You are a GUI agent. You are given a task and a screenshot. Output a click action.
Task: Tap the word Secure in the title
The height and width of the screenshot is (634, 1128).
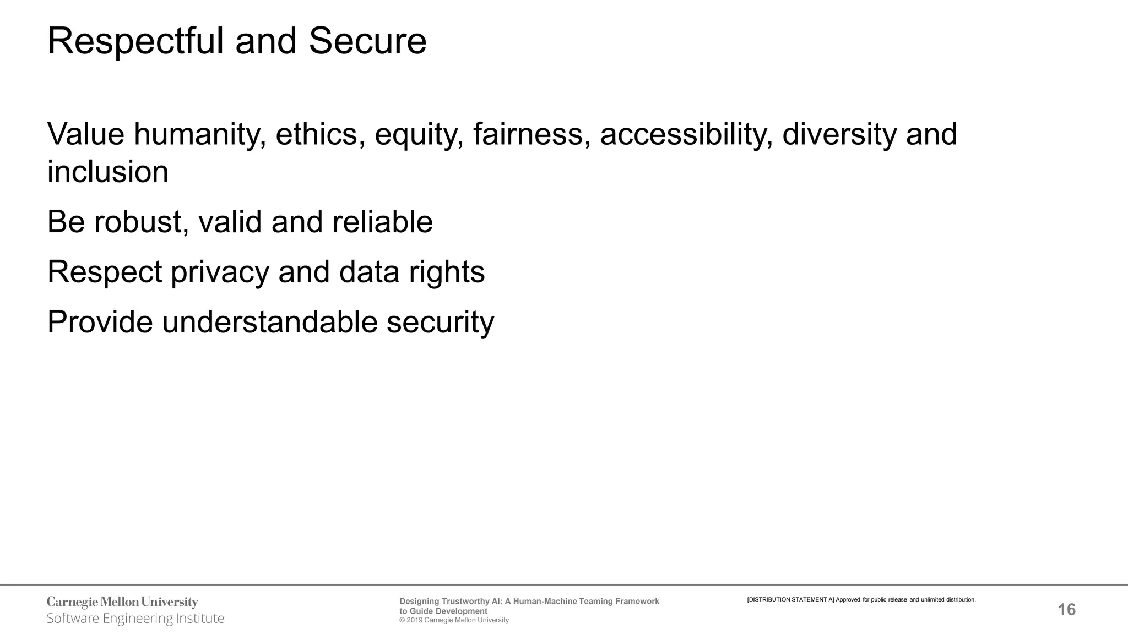[x=367, y=42]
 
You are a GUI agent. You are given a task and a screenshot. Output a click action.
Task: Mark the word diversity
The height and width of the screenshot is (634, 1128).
[x=839, y=134]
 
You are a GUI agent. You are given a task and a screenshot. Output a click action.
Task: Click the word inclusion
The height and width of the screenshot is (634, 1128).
[x=108, y=172]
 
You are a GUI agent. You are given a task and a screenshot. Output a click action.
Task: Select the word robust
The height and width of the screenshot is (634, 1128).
[x=141, y=222]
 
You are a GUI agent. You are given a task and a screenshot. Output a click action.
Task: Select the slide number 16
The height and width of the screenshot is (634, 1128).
[x=1067, y=610]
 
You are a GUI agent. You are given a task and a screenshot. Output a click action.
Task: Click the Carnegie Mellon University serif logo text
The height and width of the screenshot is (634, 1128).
[x=122, y=602]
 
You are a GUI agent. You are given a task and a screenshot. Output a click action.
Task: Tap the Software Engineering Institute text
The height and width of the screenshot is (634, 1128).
[x=135, y=619]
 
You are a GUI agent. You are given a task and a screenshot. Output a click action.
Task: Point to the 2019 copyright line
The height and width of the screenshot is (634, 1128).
[x=454, y=620]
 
